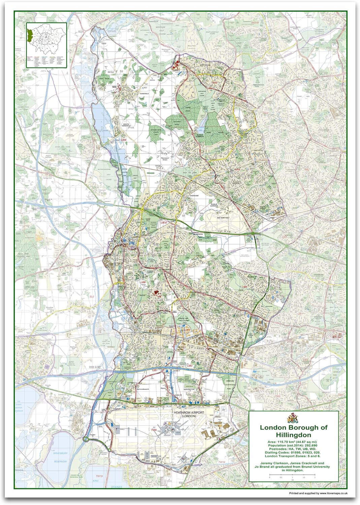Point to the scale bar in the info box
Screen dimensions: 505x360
coord(292,477)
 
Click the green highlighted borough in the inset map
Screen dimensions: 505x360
coord(29,34)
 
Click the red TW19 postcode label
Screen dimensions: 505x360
coord(99,476)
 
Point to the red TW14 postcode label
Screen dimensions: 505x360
coord(221,462)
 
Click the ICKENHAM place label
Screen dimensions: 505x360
coord(194,196)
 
